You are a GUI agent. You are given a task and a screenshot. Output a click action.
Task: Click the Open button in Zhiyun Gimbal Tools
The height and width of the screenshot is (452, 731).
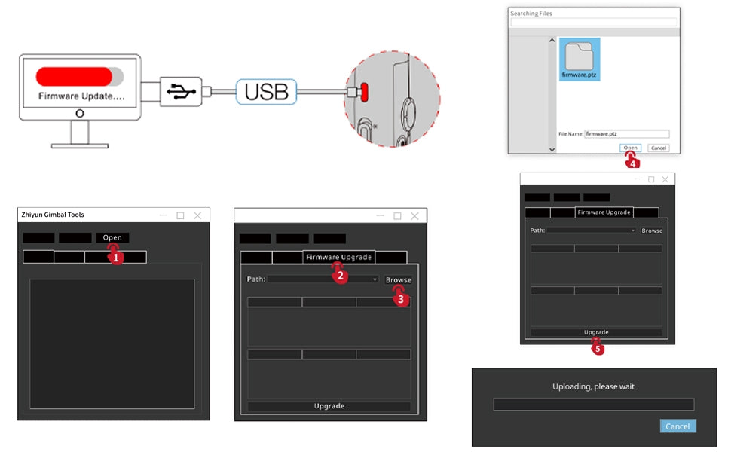pos(112,237)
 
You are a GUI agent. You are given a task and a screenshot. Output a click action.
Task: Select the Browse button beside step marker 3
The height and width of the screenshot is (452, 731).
pos(398,279)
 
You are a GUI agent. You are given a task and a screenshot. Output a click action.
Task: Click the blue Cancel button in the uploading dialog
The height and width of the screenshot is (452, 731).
pos(677,426)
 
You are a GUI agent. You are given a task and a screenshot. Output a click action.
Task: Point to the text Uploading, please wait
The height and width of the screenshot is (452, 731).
pos(593,386)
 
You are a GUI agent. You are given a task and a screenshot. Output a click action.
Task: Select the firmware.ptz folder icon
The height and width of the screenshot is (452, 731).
pos(579,56)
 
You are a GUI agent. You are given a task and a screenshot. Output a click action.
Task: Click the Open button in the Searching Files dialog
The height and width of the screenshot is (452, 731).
pos(630,148)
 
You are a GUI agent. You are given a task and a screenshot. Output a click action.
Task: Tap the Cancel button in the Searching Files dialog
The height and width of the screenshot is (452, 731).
pos(658,148)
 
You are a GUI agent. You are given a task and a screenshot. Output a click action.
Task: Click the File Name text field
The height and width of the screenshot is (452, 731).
pos(626,134)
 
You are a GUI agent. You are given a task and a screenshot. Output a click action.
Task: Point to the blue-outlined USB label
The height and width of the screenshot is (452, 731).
pos(266,92)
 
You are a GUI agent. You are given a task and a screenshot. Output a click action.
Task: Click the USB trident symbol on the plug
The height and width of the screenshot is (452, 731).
pos(181,91)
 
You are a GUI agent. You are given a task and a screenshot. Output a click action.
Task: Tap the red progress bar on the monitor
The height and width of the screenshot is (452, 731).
pos(75,76)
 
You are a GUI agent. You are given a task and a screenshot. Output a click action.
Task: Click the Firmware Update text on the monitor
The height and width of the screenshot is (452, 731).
pos(81,96)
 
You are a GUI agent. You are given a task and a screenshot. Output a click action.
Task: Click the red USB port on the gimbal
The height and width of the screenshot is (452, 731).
pos(364,92)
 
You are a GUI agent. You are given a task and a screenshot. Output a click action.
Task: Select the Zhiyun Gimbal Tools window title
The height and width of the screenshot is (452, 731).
pos(53,215)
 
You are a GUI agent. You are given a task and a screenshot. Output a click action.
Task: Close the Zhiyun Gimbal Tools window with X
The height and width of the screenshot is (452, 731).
pos(197,215)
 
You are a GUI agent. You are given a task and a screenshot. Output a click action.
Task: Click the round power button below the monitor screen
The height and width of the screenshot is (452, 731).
pos(80,113)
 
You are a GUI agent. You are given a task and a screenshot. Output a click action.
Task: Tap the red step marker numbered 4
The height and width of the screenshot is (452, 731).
pos(632,161)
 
